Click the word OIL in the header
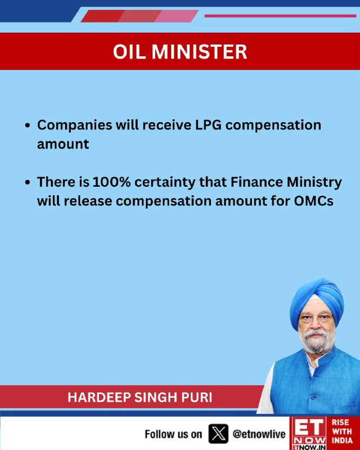[129, 52]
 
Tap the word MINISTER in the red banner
[199, 52]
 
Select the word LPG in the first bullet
[209, 125]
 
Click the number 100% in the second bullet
[112, 182]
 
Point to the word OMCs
[313, 201]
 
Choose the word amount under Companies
[63, 144]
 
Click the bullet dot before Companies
[28, 125]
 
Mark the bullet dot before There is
[28, 182]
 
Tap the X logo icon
[218, 434]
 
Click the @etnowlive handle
[259, 434]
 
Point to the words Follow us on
[173, 434]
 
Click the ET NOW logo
[308, 433]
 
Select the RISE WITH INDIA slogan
[342, 431]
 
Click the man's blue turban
[317, 301]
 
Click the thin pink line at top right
[280, 16]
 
